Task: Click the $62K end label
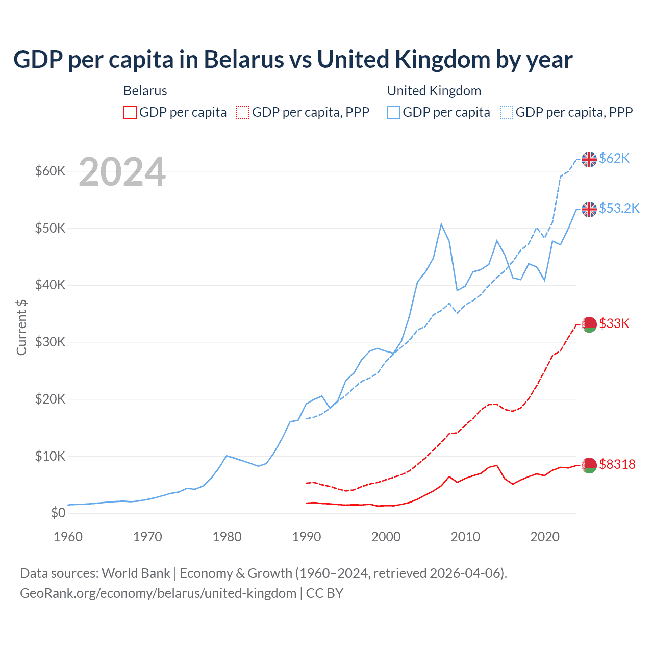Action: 614,158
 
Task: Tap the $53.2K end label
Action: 619,208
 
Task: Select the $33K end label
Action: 614,323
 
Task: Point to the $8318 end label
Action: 617,464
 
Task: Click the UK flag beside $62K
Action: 589,159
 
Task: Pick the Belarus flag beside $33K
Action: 589,324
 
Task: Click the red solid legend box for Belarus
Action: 130,112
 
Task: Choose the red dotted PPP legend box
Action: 243,112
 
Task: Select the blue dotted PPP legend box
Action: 507,112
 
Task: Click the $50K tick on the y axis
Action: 50,228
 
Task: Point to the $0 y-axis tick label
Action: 58,513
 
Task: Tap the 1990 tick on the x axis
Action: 307,537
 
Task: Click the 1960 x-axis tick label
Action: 68,537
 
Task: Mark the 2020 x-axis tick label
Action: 545,537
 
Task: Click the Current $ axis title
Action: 21,327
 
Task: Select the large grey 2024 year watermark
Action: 122,172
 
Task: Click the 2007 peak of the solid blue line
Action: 441,224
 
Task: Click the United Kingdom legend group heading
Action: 434,91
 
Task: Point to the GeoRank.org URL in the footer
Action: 158,593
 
